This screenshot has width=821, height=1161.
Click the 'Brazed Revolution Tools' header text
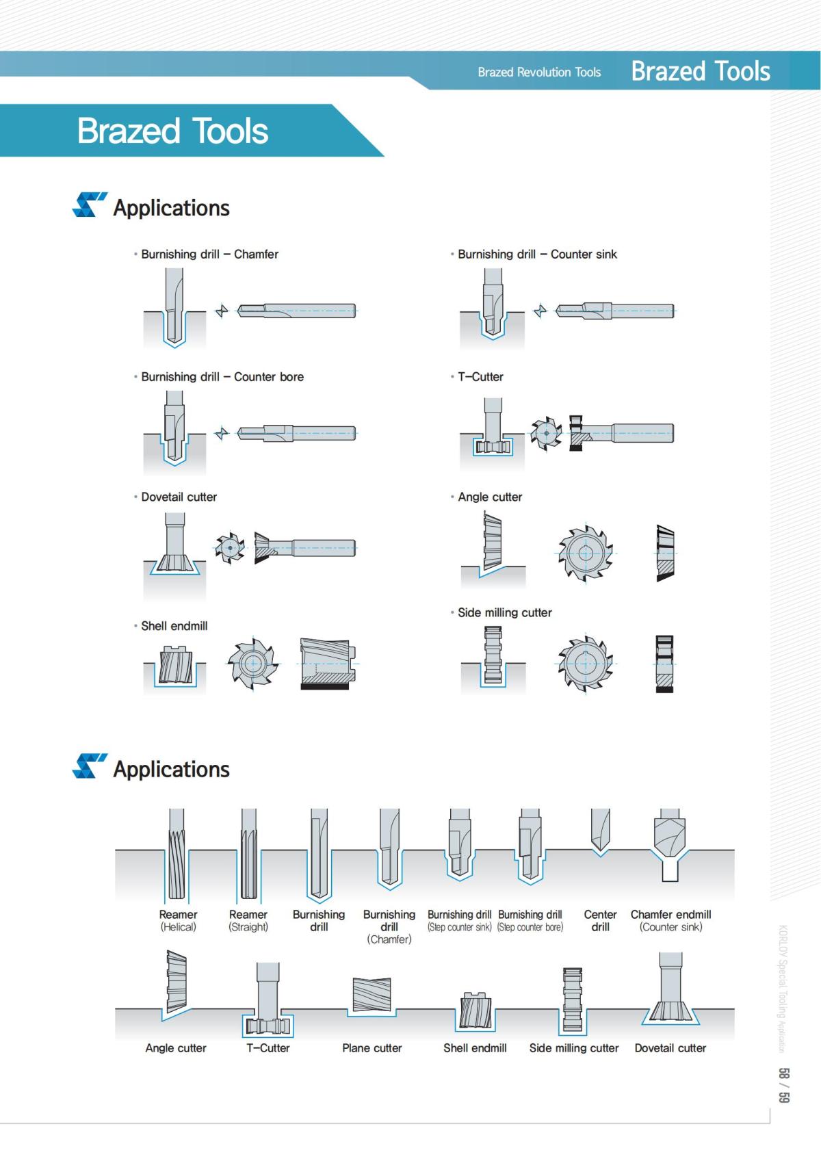(539, 72)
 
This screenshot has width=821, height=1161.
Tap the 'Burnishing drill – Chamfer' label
(209, 254)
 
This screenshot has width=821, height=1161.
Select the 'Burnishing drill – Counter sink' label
(537, 254)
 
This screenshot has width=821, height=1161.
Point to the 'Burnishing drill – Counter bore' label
(222, 376)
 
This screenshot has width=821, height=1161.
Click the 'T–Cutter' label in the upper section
(480, 376)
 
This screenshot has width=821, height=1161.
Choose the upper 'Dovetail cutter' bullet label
(179, 497)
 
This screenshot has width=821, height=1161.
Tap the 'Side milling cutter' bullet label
(504, 612)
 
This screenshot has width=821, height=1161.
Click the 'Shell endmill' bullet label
(174, 625)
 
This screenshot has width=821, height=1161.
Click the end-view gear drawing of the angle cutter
(585, 553)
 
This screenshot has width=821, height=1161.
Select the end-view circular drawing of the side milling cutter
(585, 663)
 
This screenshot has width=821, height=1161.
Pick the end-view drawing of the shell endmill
(252, 664)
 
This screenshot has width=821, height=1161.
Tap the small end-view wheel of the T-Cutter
(546, 433)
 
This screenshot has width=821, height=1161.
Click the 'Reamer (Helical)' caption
(178, 920)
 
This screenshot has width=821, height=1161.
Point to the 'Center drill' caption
(600, 920)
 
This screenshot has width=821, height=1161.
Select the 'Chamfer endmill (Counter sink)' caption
(670, 920)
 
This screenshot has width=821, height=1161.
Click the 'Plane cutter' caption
(372, 1047)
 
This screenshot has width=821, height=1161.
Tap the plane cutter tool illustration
(372, 995)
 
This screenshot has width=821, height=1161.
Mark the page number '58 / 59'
(784, 1085)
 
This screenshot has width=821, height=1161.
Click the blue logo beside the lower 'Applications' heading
(89, 766)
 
